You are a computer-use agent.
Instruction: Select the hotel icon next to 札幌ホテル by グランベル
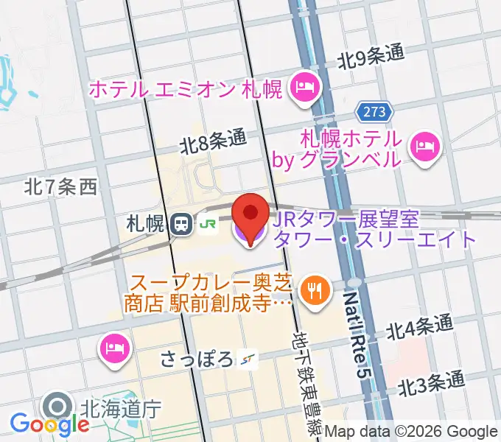(424, 146)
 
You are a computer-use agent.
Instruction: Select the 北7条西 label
(60, 187)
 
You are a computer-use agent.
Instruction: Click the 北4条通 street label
(421, 326)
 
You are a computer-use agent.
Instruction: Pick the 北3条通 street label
(433, 384)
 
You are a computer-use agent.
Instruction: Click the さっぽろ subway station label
(196, 359)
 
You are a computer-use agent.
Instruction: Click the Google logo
(49, 424)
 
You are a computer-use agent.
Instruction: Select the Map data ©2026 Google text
(411, 432)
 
